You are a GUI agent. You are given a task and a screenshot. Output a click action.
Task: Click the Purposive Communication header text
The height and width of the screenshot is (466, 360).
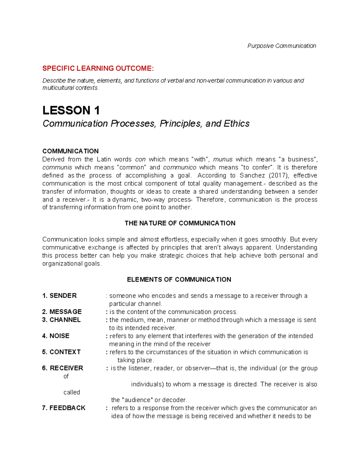pyautogui.click(x=281, y=46)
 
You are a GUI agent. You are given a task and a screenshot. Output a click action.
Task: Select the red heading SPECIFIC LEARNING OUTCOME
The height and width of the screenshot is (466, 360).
pyautogui.click(x=98, y=68)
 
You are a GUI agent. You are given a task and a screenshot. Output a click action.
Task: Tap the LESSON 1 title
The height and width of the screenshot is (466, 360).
pyautogui.click(x=71, y=110)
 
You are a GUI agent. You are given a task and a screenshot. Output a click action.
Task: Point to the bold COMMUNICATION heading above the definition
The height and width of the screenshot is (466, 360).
pyautogui.click(x=70, y=151)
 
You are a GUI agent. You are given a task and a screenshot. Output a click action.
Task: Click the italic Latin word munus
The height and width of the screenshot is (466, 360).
pyautogui.click(x=223, y=159)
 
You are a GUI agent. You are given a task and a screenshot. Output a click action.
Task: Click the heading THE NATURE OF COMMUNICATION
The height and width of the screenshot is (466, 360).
pyautogui.click(x=180, y=223)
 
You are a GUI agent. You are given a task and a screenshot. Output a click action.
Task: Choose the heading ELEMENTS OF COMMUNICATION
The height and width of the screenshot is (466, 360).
pyautogui.click(x=179, y=280)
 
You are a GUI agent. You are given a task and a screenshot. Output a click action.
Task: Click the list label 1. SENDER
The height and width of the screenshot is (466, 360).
pyautogui.click(x=59, y=296)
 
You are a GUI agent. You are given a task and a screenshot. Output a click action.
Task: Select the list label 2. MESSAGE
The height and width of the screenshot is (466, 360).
pyautogui.click(x=62, y=312)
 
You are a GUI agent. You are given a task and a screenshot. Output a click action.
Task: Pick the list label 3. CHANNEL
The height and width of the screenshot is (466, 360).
pyautogui.click(x=61, y=320)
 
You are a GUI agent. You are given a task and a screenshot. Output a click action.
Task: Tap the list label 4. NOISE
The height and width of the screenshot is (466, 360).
pyautogui.click(x=56, y=336)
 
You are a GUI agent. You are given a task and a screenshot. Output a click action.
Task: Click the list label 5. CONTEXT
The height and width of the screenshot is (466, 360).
pyautogui.click(x=61, y=352)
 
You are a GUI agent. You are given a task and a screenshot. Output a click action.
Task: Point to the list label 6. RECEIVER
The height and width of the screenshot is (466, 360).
pyautogui.click(x=62, y=368)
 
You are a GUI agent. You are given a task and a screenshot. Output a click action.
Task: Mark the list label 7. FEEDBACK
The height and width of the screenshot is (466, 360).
pyautogui.click(x=64, y=408)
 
